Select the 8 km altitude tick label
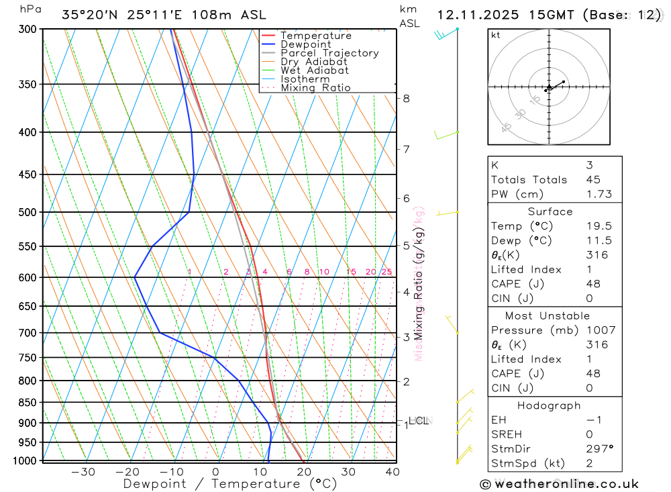pos(406,98)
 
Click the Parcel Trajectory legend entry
pos(329,53)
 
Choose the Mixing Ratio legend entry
pos(315,88)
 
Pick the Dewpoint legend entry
pos(306,44)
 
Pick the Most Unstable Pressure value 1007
pos(599,330)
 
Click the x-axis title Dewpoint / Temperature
pos(229,484)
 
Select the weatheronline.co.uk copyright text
pos(559,484)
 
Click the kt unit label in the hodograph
pos(496,35)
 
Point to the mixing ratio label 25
pos(386,272)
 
